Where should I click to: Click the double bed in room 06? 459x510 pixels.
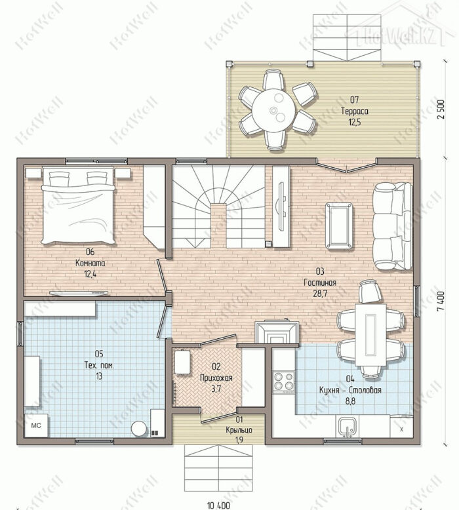click(x=78, y=205)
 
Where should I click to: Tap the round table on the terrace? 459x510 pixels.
click(x=274, y=109)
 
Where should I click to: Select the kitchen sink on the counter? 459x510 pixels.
click(x=348, y=426)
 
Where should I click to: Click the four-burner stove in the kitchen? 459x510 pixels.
click(x=283, y=382)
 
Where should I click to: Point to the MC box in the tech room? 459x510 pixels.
click(x=36, y=425)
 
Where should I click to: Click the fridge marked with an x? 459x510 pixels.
click(x=401, y=428)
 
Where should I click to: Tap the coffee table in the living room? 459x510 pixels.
click(x=339, y=226)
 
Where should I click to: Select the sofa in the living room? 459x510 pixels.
click(x=392, y=226)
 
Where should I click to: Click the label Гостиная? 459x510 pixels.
click(x=320, y=283)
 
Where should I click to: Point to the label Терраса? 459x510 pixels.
click(x=355, y=111)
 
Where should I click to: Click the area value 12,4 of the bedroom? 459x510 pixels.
click(x=90, y=273)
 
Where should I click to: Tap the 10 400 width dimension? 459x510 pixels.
click(x=218, y=505)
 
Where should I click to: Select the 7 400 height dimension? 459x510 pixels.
click(x=441, y=302)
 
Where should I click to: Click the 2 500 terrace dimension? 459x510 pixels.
click(x=441, y=109)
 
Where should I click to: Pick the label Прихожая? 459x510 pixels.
click(x=216, y=378)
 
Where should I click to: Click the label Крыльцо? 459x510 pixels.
click(x=239, y=430)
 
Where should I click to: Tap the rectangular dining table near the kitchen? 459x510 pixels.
click(x=370, y=334)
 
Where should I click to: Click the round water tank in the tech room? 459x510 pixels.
click(x=139, y=429)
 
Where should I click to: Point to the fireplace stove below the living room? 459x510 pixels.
click(x=277, y=332)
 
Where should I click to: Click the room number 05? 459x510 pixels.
click(x=99, y=353)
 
